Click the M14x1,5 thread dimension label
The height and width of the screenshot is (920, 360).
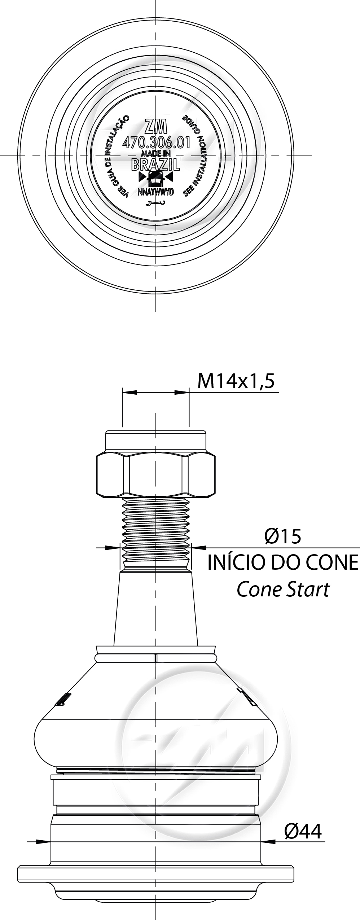pos(236,381)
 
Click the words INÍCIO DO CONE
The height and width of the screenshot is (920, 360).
pos(283,563)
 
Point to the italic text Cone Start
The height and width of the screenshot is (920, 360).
pos(283,590)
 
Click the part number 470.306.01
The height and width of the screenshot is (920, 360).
pos(156,143)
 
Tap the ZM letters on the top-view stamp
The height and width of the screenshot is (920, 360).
pos(156,127)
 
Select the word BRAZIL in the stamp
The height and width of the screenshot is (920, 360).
pos(156,165)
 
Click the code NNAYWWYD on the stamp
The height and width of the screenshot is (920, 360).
pos(156,192)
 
